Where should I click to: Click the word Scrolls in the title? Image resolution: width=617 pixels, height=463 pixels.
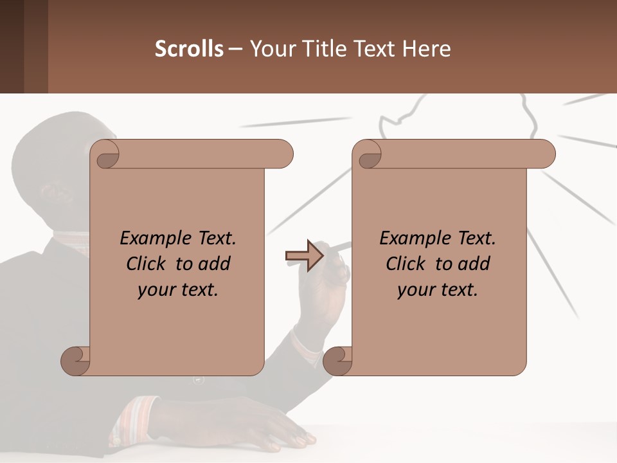point(189,49)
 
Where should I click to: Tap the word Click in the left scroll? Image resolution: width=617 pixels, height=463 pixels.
point(147,264)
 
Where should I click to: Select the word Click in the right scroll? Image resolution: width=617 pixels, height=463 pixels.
point(406,264)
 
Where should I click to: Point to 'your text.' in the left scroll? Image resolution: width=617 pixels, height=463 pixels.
point(178,289)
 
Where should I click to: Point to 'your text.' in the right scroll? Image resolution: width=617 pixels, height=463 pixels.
point(438,289)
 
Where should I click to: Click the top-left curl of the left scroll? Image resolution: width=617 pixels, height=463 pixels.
point(106,155)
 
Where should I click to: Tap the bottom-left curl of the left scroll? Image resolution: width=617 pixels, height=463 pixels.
point(75,361)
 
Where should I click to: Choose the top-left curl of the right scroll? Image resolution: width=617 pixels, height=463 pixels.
point(368,155)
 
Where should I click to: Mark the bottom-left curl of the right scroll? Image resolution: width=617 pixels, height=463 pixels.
point(337,361)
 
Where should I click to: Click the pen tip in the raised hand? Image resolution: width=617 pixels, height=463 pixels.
point(348,244)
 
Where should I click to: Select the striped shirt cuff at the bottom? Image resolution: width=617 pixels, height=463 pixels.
point(132,418)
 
